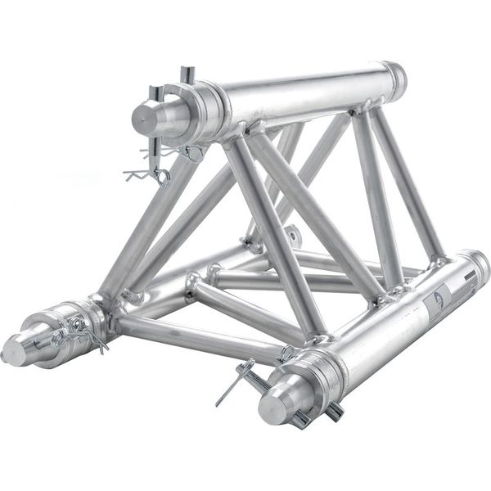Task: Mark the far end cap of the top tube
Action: [396, 78]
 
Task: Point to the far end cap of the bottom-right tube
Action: [479, 266]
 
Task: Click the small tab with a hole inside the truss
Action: [290, 237]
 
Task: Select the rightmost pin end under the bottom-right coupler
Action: [333, 412]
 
